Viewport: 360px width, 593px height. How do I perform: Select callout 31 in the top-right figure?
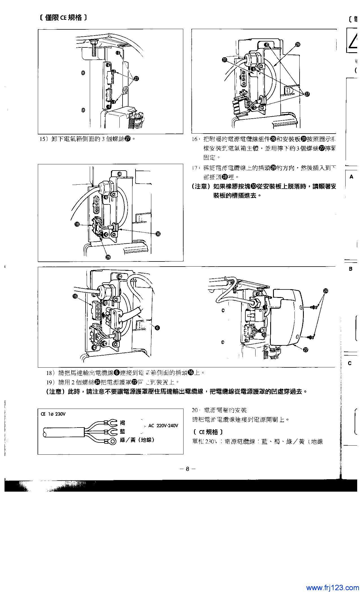224,60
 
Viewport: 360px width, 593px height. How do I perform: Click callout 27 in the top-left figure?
137,79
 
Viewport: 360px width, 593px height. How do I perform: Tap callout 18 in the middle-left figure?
77,224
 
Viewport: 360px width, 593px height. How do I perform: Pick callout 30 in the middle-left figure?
158,234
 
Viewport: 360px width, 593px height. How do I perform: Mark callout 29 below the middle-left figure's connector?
108,257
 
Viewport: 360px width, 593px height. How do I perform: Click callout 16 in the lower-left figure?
75,296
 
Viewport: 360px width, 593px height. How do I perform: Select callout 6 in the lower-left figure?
157,328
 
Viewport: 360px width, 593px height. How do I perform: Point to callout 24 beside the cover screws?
326,291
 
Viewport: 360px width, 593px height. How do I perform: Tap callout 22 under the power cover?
306,350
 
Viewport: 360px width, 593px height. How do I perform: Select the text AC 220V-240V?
163,426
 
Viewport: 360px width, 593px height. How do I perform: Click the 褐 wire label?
123,423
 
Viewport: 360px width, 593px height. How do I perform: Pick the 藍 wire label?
123,431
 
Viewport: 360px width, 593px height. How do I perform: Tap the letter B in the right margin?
350,269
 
